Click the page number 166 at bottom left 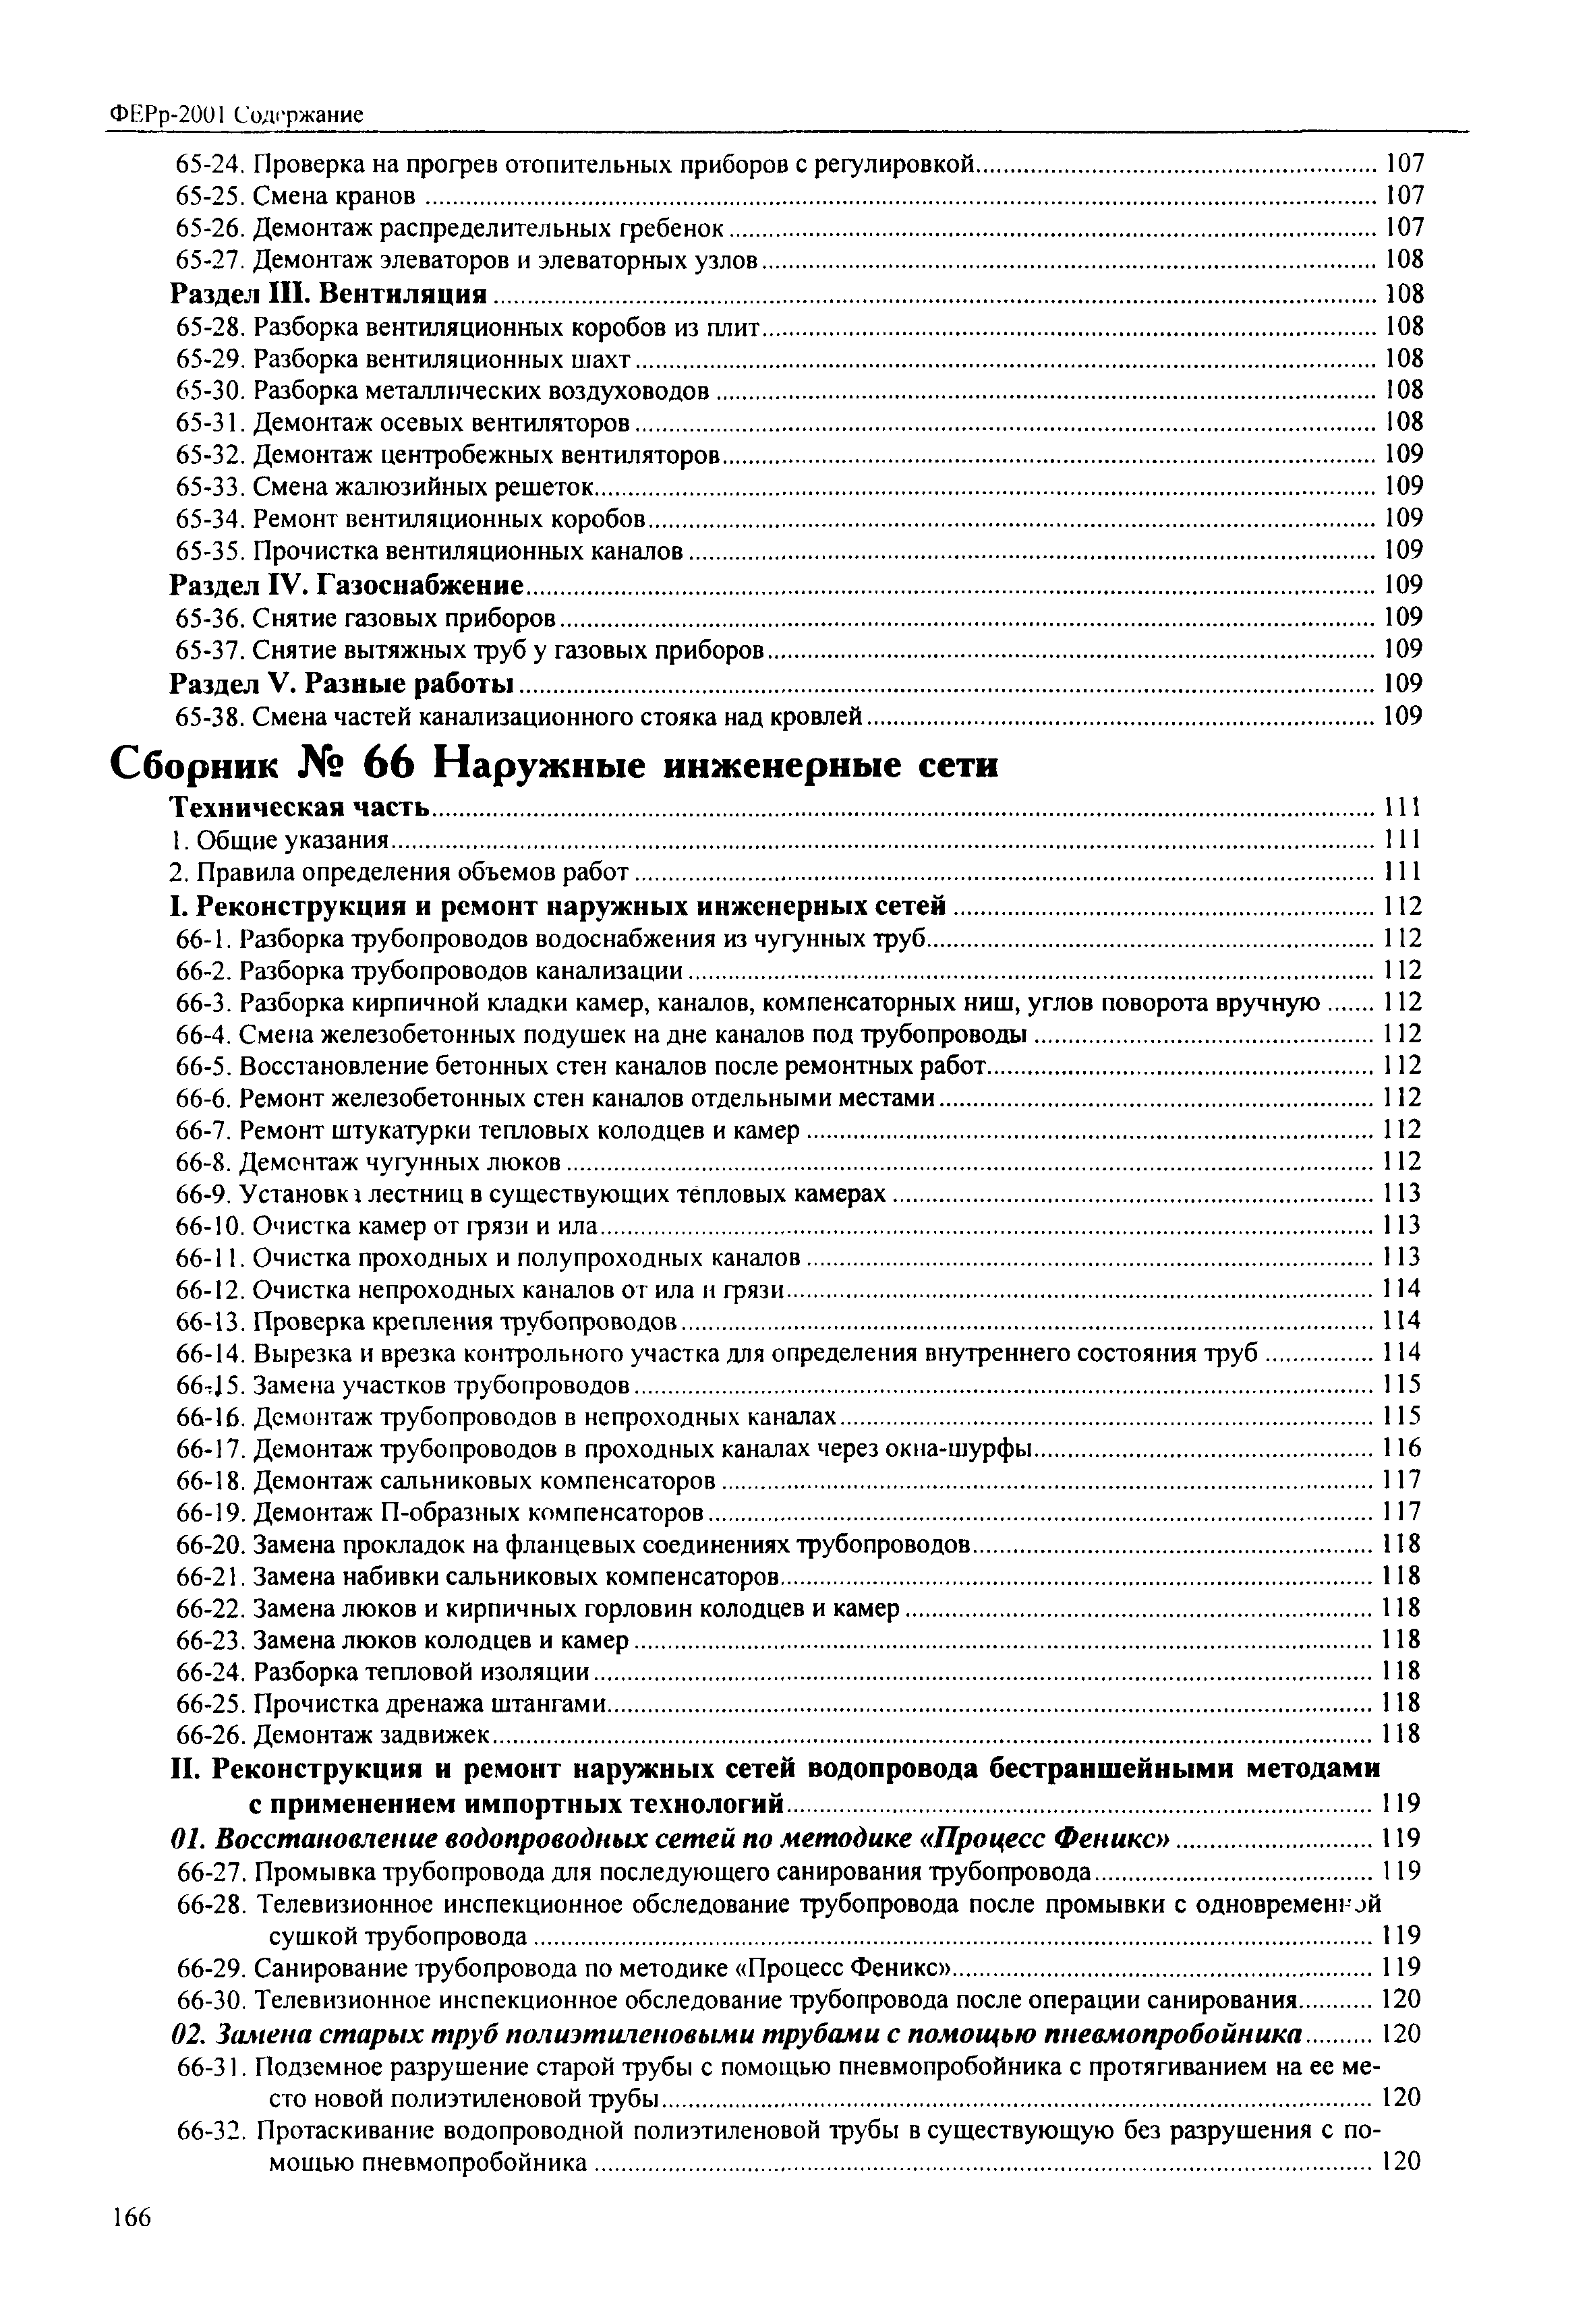(131, 2246)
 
